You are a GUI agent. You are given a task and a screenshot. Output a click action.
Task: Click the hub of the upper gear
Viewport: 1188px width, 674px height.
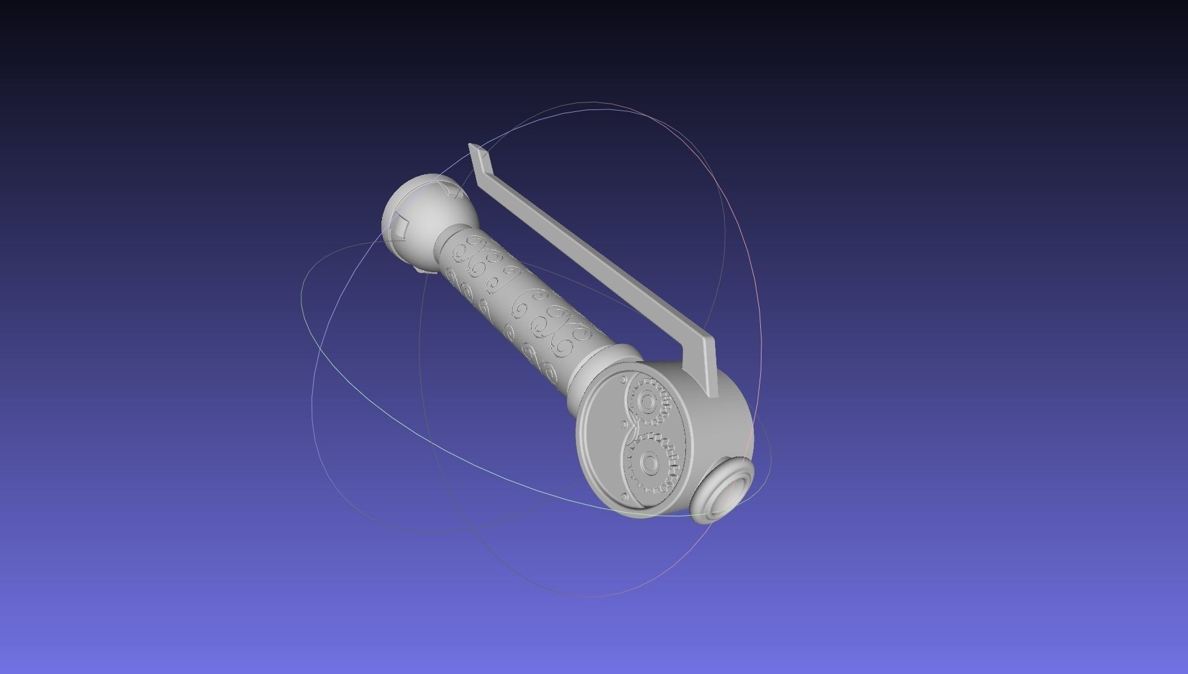tap(648, 402)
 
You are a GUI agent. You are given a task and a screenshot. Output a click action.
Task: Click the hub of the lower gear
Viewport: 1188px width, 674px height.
tap(650, 463)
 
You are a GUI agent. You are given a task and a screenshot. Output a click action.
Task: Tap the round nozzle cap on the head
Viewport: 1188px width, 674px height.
tap(727, 491)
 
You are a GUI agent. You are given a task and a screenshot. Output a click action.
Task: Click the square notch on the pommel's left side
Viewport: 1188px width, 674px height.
tap(400, 224)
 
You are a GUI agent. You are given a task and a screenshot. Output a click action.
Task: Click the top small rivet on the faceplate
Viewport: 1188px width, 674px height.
tap(623, 380)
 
